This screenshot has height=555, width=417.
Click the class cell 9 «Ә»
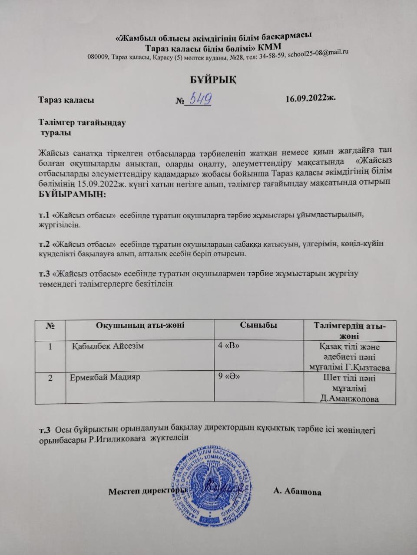(x=229, y=376)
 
